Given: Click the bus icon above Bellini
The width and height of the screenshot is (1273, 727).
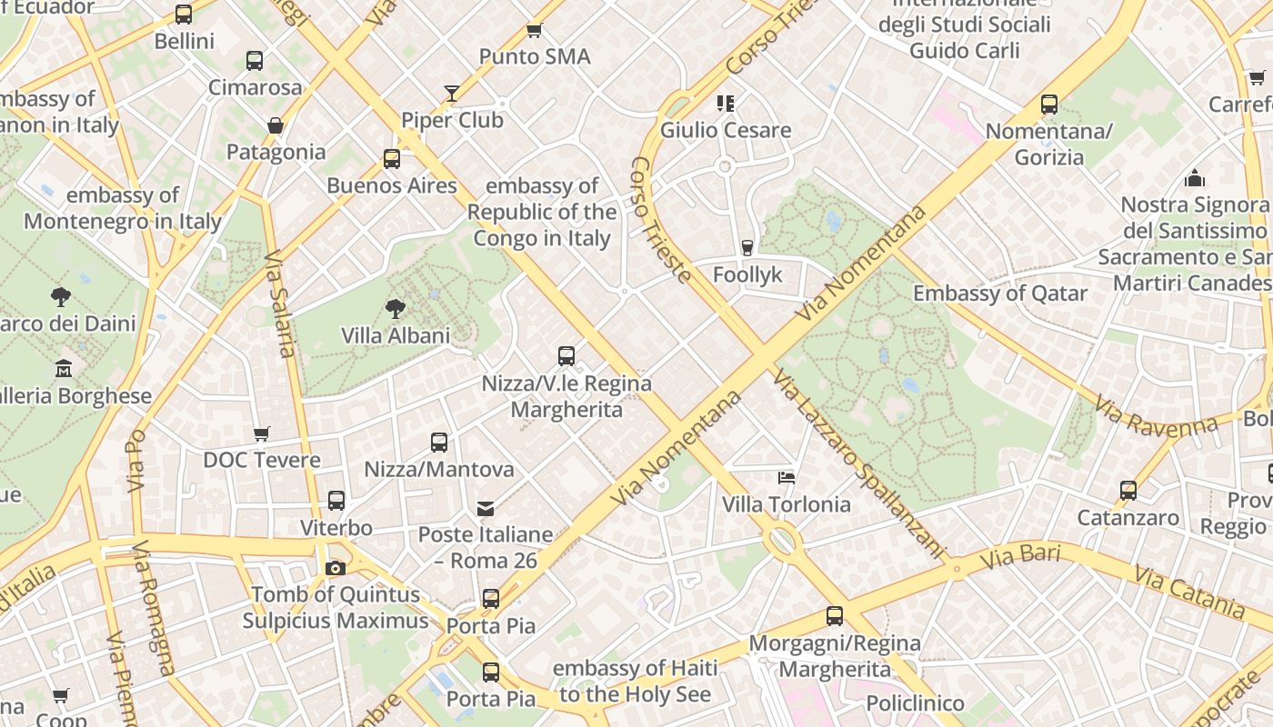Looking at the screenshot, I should point(184,15).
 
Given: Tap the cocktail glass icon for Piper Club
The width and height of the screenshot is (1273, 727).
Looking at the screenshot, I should point(452,93).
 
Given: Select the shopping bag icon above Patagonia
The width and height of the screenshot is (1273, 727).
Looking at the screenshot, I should point(276,125).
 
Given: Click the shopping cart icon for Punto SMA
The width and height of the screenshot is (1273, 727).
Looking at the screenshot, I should point(535,30).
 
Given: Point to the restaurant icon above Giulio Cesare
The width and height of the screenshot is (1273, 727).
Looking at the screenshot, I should point(725,103).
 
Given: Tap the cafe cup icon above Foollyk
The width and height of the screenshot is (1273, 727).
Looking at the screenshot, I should point(747,247).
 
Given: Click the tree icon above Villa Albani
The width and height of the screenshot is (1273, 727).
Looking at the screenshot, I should point(396,309).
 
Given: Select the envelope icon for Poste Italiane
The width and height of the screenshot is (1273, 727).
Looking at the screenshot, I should point(486,508).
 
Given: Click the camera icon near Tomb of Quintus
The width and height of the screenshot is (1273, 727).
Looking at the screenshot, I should point(336,568).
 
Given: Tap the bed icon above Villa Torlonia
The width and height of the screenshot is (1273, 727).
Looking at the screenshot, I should point(787,477).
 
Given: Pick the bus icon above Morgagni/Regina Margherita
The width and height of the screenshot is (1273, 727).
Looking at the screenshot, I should point(835,616).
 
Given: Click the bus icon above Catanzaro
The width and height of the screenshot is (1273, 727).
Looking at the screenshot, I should point(1128,491).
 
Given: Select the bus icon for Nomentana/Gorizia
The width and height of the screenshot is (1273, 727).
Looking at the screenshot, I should point(1049,105).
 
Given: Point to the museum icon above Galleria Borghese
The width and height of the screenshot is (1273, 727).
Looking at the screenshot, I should point(63,369).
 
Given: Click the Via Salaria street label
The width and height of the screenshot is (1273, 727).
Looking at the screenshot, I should point(280,304).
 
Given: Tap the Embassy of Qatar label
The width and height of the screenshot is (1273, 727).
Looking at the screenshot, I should point(1000,294).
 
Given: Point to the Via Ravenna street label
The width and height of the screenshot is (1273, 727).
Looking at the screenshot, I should point(1156,416).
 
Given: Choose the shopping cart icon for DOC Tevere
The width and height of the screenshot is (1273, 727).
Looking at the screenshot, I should point(262,433).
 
